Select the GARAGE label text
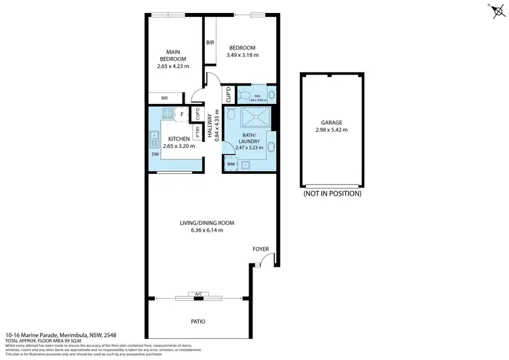(332, 123)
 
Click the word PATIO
(197, 321)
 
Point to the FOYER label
(262, 249)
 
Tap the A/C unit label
(198, 294)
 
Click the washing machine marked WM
(231, 164)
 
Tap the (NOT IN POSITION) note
(332, 194)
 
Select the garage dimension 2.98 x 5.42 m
(332, 130)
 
